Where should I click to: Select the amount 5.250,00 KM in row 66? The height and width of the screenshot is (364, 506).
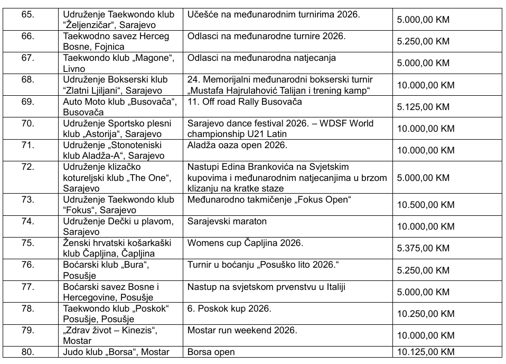[x=423, y=41]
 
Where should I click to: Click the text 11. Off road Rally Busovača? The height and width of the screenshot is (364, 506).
[x=245, y=102]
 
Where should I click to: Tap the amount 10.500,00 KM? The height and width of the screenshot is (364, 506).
[x=425, y=205]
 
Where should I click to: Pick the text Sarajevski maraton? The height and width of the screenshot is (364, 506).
[x=227, y=221]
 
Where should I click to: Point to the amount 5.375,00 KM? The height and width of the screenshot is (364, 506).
[x=423, y=248]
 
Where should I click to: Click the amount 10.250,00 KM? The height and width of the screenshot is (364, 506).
[x=425, y=314]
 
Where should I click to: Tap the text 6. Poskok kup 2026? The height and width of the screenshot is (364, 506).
[x=229, y=308]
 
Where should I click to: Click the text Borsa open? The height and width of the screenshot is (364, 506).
[x=211, y=352]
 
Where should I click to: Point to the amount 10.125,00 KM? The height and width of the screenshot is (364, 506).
[x=425, y=352]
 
